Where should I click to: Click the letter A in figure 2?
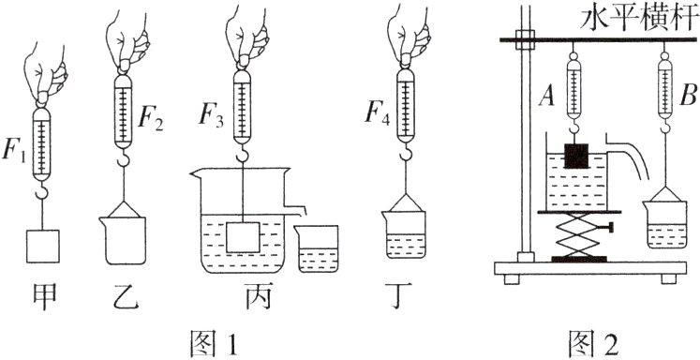(x=546, y=93)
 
